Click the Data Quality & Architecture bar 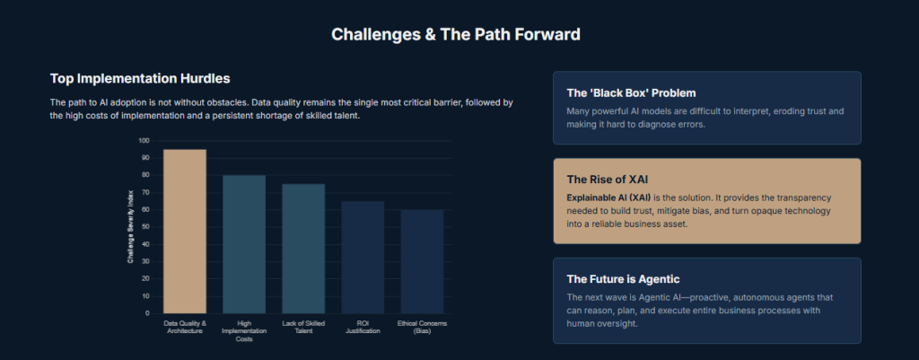pos(185,231)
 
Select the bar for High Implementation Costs pos(244,244)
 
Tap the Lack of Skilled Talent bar pos(303,249)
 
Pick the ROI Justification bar pos(363,257)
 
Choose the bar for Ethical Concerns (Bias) pos(422,261)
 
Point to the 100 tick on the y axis pos(144,141)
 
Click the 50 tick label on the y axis pos(146,227)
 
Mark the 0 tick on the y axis pos(148,313)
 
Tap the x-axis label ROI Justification pos(363,327)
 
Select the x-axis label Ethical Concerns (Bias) pos(422,327)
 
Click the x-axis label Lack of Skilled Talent pos(303,327)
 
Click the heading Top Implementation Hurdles pos(140,78)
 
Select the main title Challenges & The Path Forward pos(456,35)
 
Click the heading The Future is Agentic pos(623,279)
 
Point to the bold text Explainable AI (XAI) pos(608,198)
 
